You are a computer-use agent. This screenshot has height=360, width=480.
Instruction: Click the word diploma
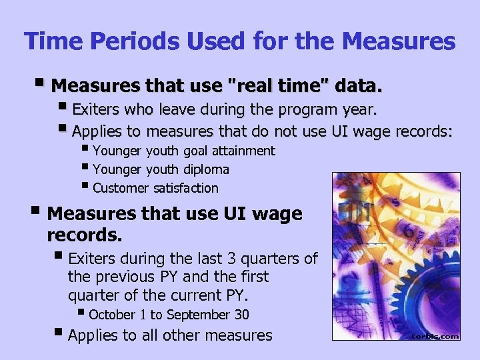tap(205, 169)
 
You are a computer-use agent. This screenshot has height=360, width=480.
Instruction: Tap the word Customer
tap(121, 188)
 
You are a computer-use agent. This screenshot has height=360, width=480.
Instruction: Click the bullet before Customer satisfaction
tap(85, 187)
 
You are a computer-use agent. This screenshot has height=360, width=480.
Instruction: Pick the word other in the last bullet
tap(181, 335)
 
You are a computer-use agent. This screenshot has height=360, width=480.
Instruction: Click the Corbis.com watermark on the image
tap(434, 336)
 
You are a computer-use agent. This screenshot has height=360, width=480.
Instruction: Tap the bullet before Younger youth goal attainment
tap(85, 149)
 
